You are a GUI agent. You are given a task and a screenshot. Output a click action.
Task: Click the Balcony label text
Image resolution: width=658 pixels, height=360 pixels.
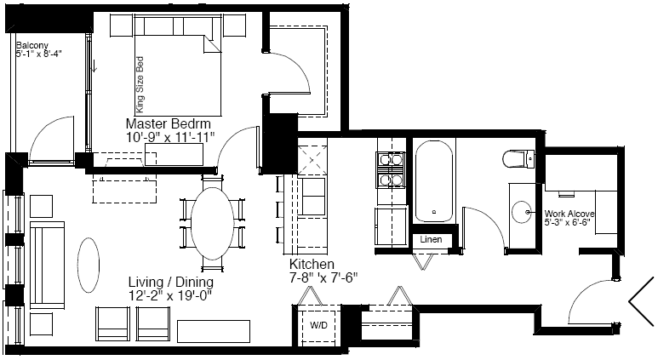pos(32,45)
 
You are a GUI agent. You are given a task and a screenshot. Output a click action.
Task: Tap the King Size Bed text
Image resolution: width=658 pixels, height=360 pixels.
pos(140,85)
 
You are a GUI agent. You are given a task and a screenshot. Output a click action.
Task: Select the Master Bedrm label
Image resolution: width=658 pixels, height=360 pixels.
pos(168,123)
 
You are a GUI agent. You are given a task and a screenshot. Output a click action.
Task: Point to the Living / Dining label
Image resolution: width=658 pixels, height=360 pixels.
pos(171,282)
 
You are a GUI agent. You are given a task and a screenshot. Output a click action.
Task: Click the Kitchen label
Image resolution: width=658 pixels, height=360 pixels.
pos(312,265)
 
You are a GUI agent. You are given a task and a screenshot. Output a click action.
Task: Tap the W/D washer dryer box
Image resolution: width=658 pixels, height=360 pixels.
pos(319,325)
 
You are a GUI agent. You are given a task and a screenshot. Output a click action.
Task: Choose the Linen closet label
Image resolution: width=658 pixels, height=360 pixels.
pos(431,239)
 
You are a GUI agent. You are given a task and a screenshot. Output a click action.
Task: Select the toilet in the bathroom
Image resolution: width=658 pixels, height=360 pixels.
pos(518,159)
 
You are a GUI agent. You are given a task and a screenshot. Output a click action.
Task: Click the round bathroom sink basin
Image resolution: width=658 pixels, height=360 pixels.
pos(521,212)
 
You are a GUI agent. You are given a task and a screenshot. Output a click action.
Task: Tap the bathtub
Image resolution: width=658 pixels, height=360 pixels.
pos(434,180)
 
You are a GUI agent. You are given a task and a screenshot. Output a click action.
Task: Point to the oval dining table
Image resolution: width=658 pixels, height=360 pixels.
pos(212,224)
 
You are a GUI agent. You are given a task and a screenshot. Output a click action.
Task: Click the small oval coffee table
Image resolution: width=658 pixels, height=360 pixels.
pos(89,266)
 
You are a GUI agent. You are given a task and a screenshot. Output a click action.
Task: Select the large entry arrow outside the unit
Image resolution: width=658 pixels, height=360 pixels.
pos(641,301)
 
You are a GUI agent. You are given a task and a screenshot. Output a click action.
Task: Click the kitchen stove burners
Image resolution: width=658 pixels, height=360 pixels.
pos(391,169)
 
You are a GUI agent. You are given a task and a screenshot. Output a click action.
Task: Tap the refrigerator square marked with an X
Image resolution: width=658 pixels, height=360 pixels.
pos(312,160)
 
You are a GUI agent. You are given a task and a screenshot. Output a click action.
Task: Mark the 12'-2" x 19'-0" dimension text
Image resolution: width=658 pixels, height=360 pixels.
pos(171,296)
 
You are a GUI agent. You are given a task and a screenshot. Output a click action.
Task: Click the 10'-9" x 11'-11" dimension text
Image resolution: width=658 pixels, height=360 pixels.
pos(170,137)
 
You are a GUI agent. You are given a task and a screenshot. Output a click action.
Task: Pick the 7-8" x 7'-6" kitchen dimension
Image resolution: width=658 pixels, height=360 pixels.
pos(323,277)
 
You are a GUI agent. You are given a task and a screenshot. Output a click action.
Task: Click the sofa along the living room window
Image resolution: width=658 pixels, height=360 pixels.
pos(47,265)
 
